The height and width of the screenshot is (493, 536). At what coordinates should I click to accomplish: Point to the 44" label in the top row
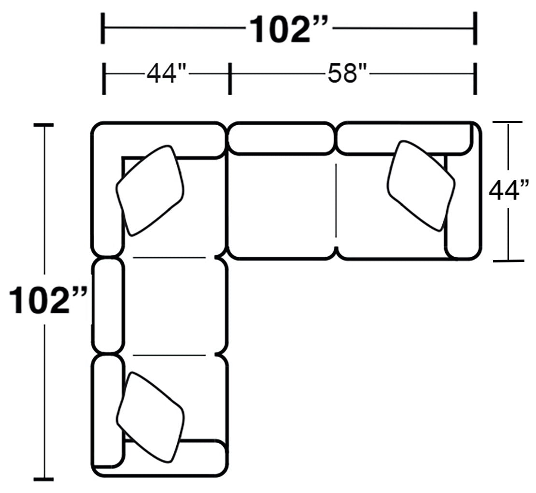166,74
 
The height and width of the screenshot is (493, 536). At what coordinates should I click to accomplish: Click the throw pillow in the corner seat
150,190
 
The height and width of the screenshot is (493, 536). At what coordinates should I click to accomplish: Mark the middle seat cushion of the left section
174,305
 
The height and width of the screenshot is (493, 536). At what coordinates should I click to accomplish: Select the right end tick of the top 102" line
475,29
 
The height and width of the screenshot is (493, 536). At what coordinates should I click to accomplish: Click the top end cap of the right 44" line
508,123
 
